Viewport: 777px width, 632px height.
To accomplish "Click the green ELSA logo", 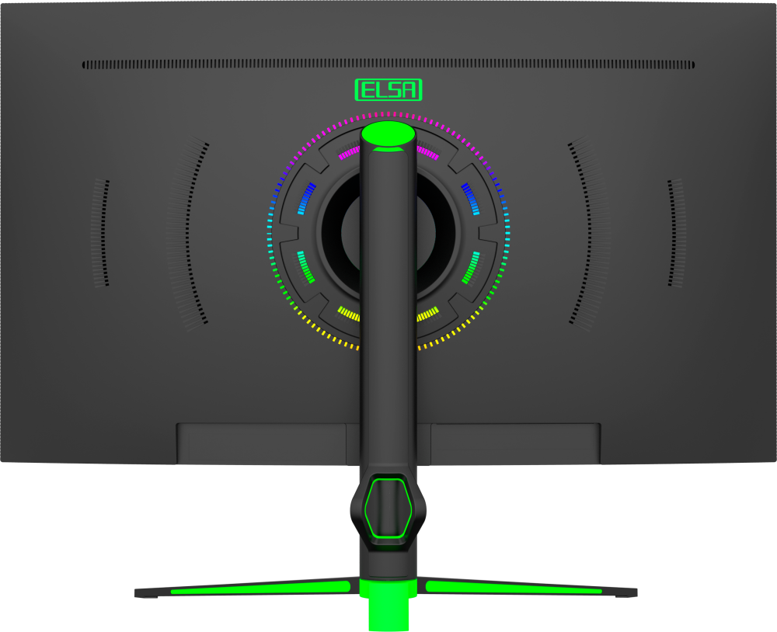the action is (388, 89).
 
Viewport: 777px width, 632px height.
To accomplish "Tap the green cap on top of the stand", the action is (388, 134).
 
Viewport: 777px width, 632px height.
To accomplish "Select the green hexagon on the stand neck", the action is (388, 508).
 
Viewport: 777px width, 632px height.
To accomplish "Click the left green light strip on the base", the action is (260, 588).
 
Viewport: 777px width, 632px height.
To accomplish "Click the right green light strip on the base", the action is (514, 587).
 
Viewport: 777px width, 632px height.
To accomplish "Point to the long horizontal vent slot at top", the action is (388, 65).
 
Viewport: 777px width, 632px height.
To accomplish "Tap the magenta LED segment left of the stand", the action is (350, 152).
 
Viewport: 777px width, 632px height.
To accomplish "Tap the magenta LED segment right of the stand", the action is (427, 152).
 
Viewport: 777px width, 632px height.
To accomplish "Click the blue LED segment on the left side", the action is (307, 199).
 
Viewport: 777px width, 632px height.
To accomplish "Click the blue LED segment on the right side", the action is (470, 199).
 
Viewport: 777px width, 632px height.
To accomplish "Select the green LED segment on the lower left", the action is (305, 267).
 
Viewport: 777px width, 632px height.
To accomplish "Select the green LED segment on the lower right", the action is (471, 267).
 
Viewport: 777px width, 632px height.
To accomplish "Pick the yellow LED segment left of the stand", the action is (348, 314).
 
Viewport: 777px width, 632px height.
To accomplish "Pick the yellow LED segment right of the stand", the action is (428, 314).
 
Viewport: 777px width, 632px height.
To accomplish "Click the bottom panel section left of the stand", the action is (261, 444).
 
